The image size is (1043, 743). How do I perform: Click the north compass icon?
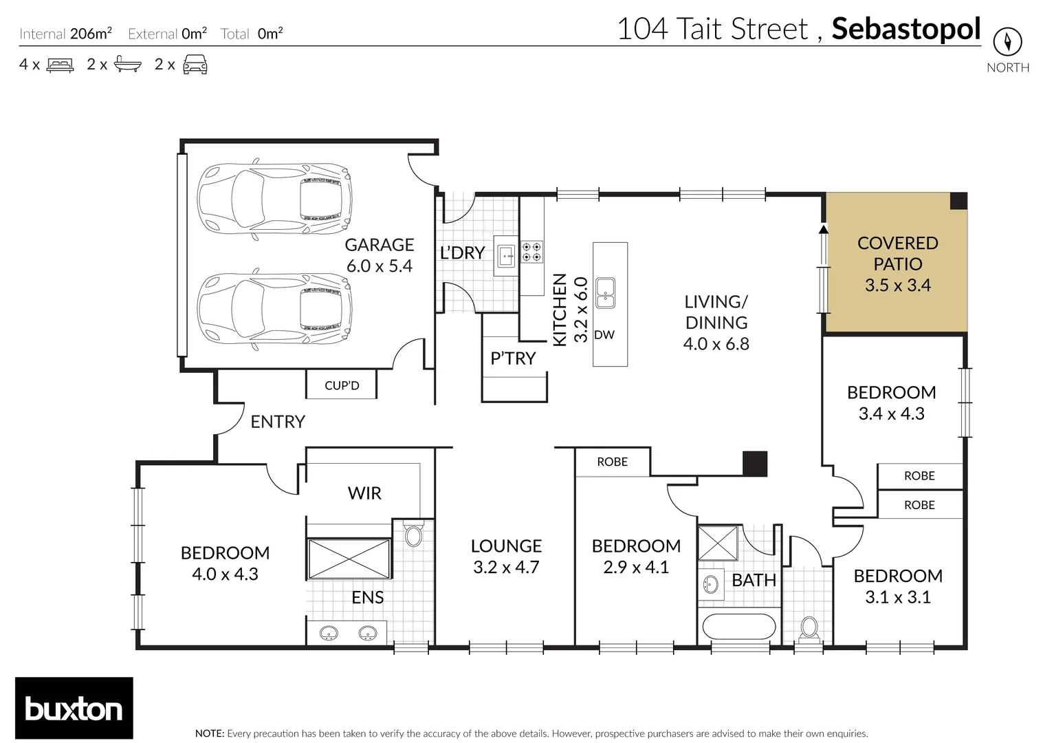tap(1007, 42)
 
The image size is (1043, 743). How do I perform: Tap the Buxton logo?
tap(74, 709)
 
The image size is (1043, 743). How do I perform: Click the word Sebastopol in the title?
tap(905, 29)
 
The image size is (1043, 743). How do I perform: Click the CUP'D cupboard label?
tap(342, 385)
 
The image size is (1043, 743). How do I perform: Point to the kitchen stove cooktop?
tap(531, 252)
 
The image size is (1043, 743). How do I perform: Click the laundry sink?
tap(507, 255)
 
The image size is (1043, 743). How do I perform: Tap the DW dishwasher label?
tap(604, 335)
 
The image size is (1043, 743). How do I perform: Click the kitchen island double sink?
tap(605, 292)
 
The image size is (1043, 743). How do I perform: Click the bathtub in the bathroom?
tap(737, 627)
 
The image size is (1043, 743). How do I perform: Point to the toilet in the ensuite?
tap(413, 535)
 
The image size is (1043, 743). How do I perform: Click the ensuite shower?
tap(349, 559)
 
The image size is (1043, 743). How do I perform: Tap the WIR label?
tap(364, 493)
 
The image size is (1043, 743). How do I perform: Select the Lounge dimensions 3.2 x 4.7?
tap(506, 568)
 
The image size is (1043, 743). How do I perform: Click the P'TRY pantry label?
tap(513, 358)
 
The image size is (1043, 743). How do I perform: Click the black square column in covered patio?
tap(958, 201)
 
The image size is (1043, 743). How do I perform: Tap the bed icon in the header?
tap(60, 65)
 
